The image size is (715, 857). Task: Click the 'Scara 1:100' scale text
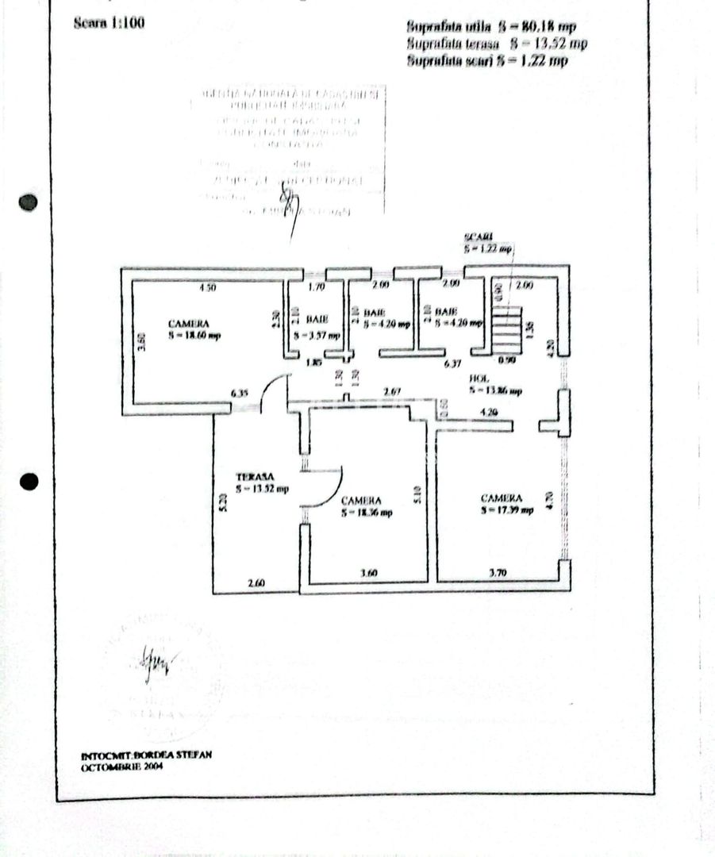[108, 23]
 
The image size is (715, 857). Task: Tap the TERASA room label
[252, 477]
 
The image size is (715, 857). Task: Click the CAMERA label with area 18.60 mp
[189, 324]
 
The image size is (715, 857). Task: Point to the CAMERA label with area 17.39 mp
[502, 498]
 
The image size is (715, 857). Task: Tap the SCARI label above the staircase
[479, 238]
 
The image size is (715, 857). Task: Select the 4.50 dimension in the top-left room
[207, 287]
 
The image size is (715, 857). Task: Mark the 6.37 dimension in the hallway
[452, 364]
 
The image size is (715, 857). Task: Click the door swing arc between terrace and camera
[325, 488]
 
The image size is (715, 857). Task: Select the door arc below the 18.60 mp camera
[274, 392]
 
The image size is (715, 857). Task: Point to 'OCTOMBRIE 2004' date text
[121, 767]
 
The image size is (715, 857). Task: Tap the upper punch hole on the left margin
[29, 202]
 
